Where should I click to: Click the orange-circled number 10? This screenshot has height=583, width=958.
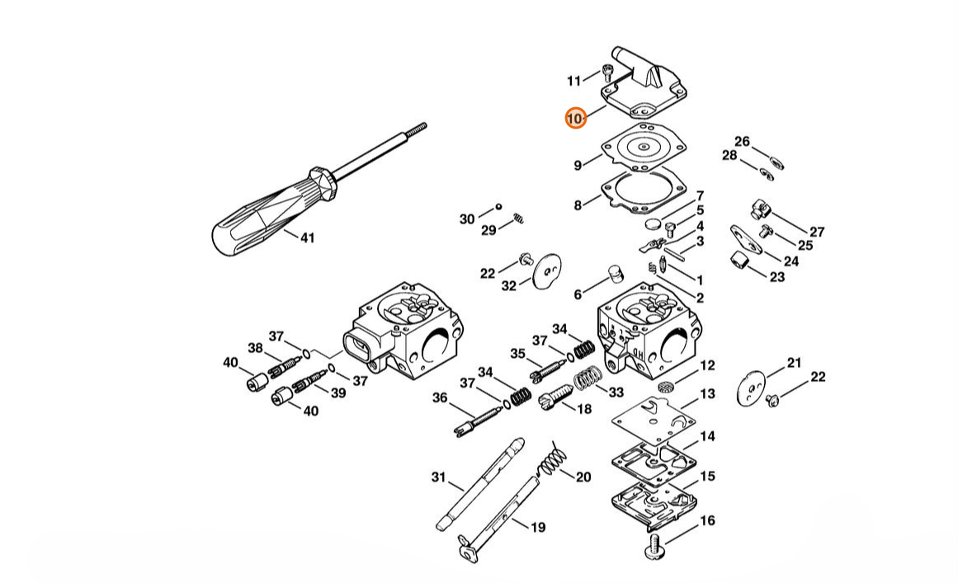point(575,118)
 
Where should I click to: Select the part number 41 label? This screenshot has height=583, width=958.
point(307,237)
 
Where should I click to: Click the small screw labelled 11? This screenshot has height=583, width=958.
point(607,73)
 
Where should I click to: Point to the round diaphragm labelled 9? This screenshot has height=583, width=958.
point(644,148)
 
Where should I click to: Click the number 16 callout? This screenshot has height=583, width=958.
point(707,520)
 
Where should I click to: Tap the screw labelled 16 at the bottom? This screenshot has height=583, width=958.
point(654,547)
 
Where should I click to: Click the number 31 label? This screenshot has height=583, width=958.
point(439,477)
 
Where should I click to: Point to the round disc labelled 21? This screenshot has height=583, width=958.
point(752,388)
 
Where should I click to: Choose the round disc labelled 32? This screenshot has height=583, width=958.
point(547,270)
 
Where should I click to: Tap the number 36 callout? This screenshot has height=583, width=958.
point(440,398)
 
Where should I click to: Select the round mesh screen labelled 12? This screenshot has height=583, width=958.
point(665,387)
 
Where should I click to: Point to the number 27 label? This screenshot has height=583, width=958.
point(817,232)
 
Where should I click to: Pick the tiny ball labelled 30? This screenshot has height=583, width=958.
point(498,206)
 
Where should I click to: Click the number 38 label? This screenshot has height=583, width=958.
point(255,348)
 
